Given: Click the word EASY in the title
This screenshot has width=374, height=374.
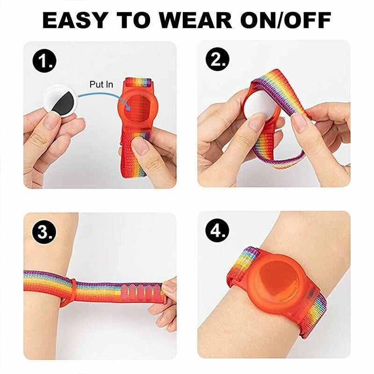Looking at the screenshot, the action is click(74, 20).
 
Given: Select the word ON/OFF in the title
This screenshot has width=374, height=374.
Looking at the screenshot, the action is click(286, 20).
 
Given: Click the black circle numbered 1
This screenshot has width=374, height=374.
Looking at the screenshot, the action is click(44, 61).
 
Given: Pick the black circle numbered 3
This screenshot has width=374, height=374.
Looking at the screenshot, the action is click(44, 231).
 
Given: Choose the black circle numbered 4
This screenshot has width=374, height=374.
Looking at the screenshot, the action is click(217, 230).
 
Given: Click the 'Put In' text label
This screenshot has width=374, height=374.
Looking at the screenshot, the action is click(101, 85).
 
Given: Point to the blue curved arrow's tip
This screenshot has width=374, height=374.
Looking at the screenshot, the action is click(130, 110).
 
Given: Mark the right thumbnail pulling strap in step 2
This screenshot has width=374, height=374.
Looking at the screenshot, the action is click(300, 122).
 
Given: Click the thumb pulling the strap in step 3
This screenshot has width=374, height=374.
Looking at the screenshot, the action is click(168, 286).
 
